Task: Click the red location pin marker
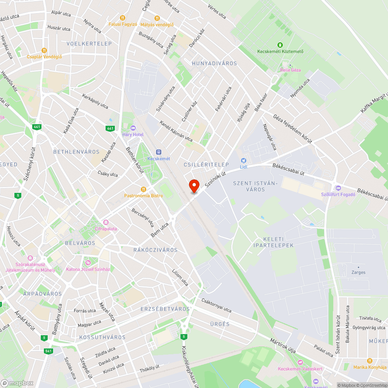pyautogui.click(x=194, y=186)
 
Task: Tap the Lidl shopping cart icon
pyautogui.click(x=243, y=160)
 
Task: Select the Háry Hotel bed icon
pyautogui.click(x=133, y=128)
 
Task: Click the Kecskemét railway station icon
pyautogui.click(x=158, y=152)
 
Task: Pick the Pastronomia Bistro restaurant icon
pyautogui.click(x=144, y=189)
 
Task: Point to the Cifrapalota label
pyautogui.click(x=106, y=229)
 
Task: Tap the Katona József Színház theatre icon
pyautogui.click(x=88, y=263)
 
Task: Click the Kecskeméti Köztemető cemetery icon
pyautogui.click(x=280, y=45)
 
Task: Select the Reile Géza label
pyautogui.click(x=290, y=70)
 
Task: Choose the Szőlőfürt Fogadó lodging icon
pyautogui.click(x=338, y=188)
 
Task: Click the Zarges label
pyautogui.click(x=359, y=272)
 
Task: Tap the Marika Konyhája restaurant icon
pyautogui.click(x=369, y=361)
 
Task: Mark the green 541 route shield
pyautogui.click(x=48, y=351)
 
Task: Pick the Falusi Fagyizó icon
pyautogui.click(x=123, y=17)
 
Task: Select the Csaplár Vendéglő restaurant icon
pyautogui.click(x=44, y=50)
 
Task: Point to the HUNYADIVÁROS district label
pyautogui.click(x=214, y=63)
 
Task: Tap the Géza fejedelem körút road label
pyautogui.click(x=293, y=129)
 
